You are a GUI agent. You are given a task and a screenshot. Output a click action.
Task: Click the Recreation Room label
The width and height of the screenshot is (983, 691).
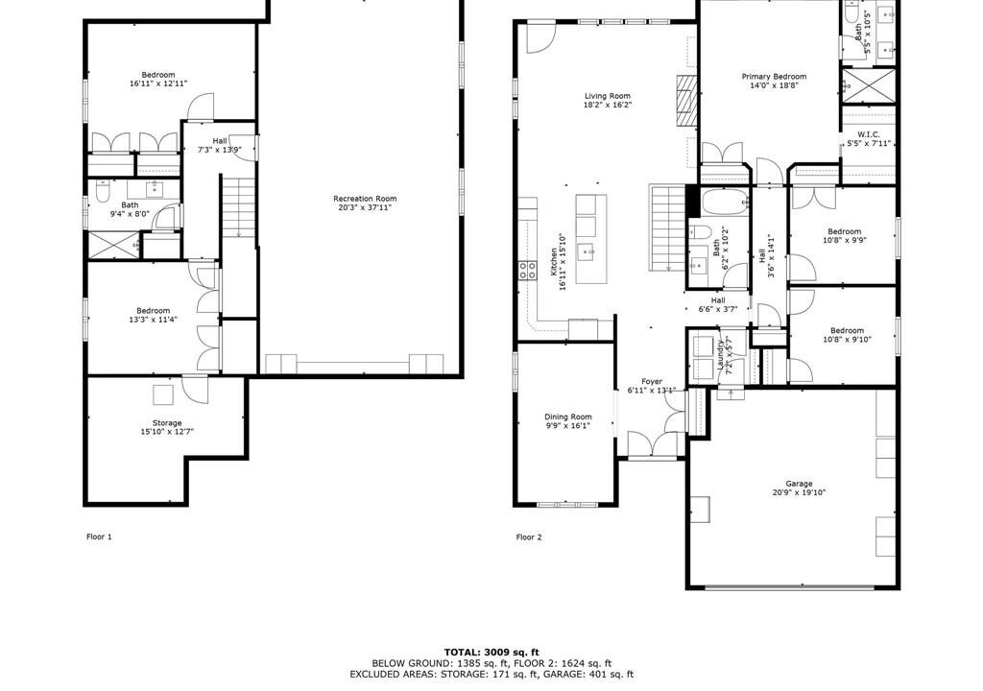pyautogui.click(x=365, y=199)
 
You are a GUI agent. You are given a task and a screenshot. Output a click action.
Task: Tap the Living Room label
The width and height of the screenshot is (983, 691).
pyautogui.click(x=608, y=96)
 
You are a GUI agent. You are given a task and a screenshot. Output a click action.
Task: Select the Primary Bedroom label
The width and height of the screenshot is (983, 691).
pyautogui.click(x=775, y=77)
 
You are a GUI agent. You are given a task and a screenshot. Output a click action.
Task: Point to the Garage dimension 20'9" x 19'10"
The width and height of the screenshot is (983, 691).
pyautogui.click(x=800, y=492)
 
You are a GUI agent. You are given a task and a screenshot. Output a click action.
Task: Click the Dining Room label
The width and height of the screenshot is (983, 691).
pyautogui.click(x=568, y=417)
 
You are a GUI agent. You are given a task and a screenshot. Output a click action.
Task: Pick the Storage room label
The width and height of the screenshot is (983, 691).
pyautogui.click(x=167, y=423)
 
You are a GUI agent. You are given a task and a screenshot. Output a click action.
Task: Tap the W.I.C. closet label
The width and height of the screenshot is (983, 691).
pyautogui.click(x=869, y=134)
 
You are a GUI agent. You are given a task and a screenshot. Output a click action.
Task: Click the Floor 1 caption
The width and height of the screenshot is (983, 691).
pyautogui.click(x=99, y=536)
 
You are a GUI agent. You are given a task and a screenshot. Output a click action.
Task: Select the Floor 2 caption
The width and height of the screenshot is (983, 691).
pyautogui.click(x=529, y=536)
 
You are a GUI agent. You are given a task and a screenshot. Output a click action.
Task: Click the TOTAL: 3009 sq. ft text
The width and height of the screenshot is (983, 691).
pyautogui.click(x=491, y=653)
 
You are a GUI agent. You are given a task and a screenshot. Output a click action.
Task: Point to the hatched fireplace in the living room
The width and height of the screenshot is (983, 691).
pyautogui.click(x=687, y=101)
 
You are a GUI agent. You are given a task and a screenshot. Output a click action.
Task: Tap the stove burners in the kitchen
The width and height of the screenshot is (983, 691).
pyautogui.click(x=527, y=271)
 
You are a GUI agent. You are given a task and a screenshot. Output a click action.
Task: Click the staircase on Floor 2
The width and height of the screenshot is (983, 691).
pyautogui.click(x=667, y=227)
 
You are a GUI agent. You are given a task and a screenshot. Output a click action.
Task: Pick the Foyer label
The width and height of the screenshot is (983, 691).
pyautogui.click(x=652, y=381)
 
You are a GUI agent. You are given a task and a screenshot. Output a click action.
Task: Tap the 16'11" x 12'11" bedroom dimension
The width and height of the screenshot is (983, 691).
pyautogui.click(x=158, y=83)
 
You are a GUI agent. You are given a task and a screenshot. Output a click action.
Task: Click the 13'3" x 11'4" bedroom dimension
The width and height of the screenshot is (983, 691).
pyautogui.click(x=153, y=320)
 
